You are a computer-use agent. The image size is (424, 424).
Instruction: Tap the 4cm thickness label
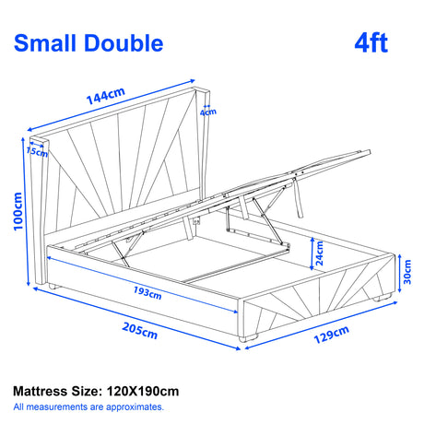[x=209, y=113]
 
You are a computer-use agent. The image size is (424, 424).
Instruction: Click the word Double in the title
[x=126, y=42]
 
